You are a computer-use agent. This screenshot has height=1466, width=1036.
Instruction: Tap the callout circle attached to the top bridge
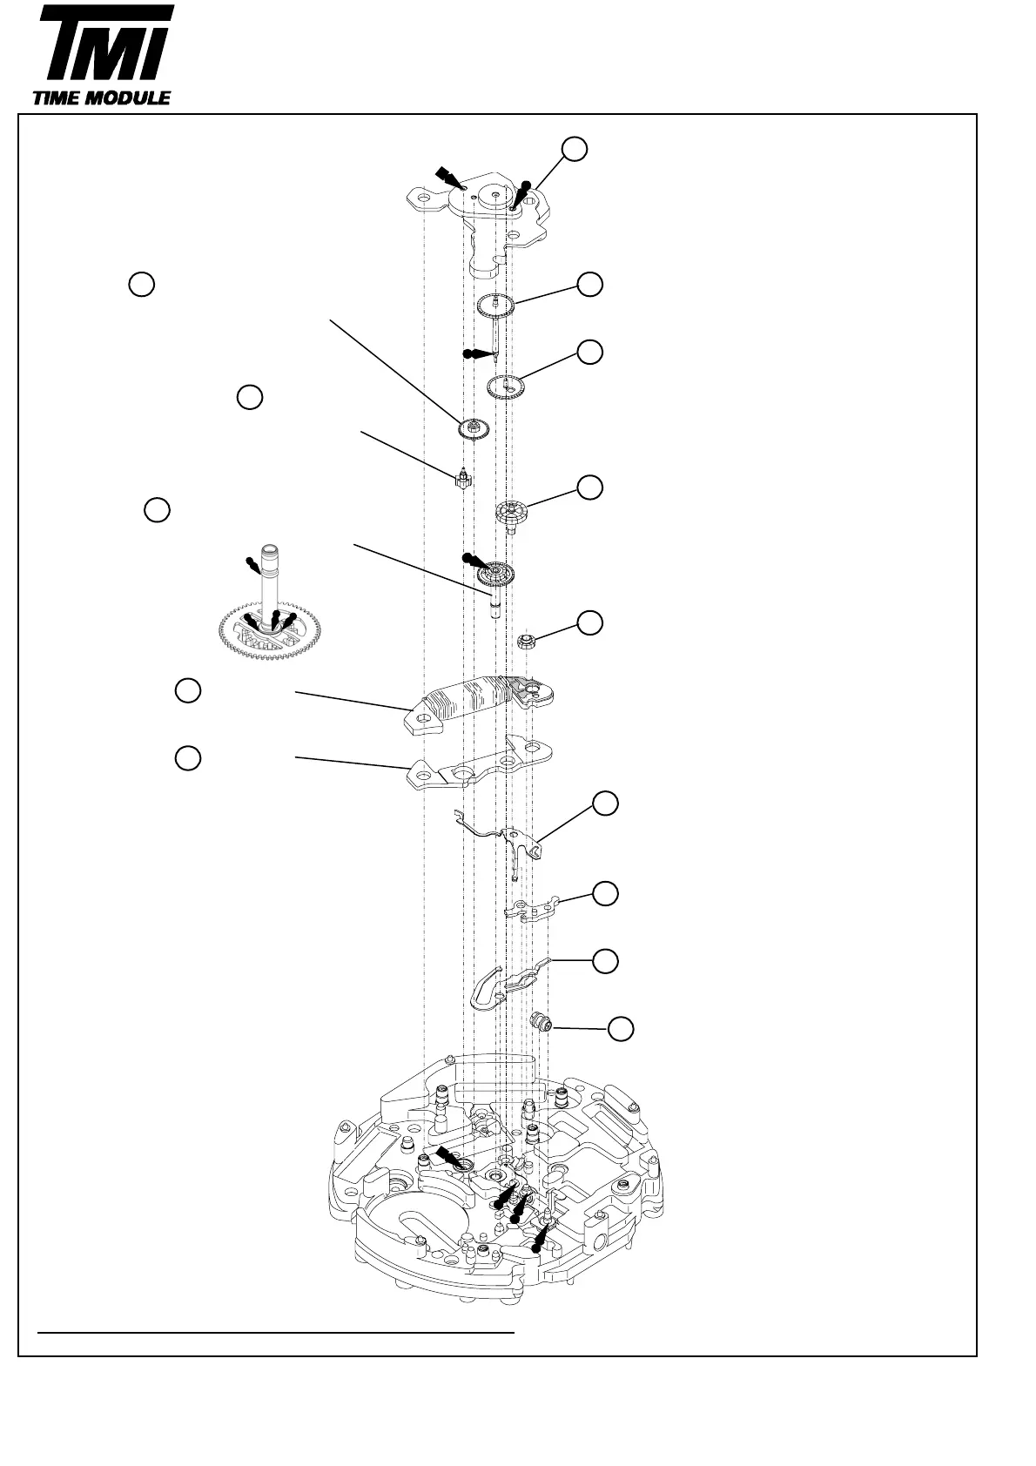click(x=573, y=149)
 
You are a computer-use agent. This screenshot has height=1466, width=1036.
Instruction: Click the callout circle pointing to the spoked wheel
click(x=590, y=488)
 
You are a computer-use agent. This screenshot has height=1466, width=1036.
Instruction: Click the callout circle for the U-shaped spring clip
click(x=606, y=961)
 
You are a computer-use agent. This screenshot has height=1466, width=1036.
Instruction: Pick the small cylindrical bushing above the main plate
click(x=543, y=1021)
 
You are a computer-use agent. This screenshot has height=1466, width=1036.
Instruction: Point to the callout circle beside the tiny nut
click(x=590, y=622)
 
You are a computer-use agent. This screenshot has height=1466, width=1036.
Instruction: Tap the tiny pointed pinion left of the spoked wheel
click(x=464, y=478)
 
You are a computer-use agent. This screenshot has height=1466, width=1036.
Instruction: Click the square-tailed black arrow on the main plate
click(x=449, y=1155)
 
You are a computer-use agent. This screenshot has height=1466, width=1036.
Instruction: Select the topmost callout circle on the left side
click(x=142, y=284)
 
